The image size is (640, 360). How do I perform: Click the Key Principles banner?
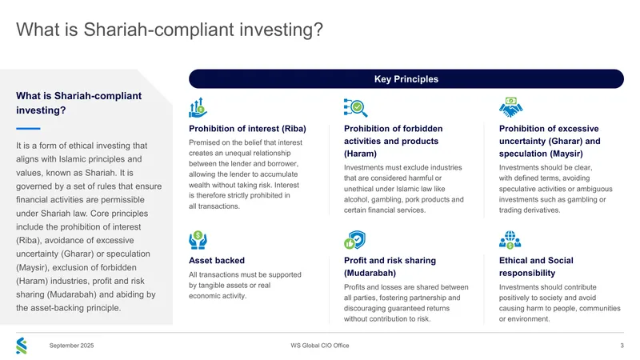click(x=406, y=78)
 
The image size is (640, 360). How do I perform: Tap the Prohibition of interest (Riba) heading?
click(x=247, y=129)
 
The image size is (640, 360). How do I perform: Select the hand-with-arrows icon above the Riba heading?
click(x=198, y=108)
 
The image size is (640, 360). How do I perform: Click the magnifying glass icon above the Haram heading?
click(x=355, y=108)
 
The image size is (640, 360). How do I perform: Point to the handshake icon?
click(x=510, y=107)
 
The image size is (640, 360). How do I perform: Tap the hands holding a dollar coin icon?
click(x=198, y=240)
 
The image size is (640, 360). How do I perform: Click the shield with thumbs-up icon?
click(x=354, y=240)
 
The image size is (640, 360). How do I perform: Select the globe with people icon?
click(x=510, y=240)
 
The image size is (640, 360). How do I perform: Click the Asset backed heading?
click(x=217, y=261)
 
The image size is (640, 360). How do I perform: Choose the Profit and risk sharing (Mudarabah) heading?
click(x=390, y=266)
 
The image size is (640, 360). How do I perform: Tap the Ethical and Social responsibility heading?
click(x=536, y=266)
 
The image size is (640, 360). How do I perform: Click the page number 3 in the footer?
click(x=622, y=346)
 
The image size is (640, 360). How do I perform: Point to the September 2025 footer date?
click(x=71, y=346)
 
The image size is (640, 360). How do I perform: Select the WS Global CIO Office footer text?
click(x=319, y=346)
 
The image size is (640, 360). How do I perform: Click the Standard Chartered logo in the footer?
click(x=22, y=346)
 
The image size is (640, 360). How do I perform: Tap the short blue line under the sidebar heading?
click(x=28, y=129)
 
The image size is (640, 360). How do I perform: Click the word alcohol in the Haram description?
click(x=354, y=199)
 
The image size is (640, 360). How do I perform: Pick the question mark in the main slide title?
click(x=318, y=30)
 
